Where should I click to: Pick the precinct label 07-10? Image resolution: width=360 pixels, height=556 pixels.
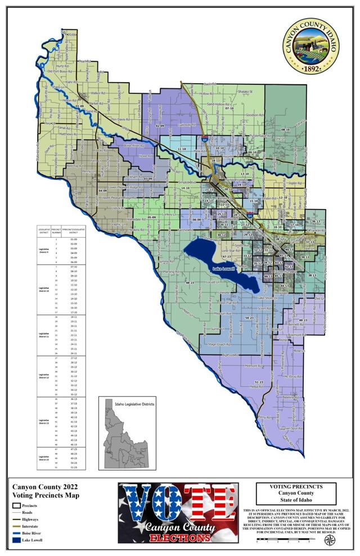tap(229, 108)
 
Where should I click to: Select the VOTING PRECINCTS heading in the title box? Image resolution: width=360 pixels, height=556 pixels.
tap(295, 486)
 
